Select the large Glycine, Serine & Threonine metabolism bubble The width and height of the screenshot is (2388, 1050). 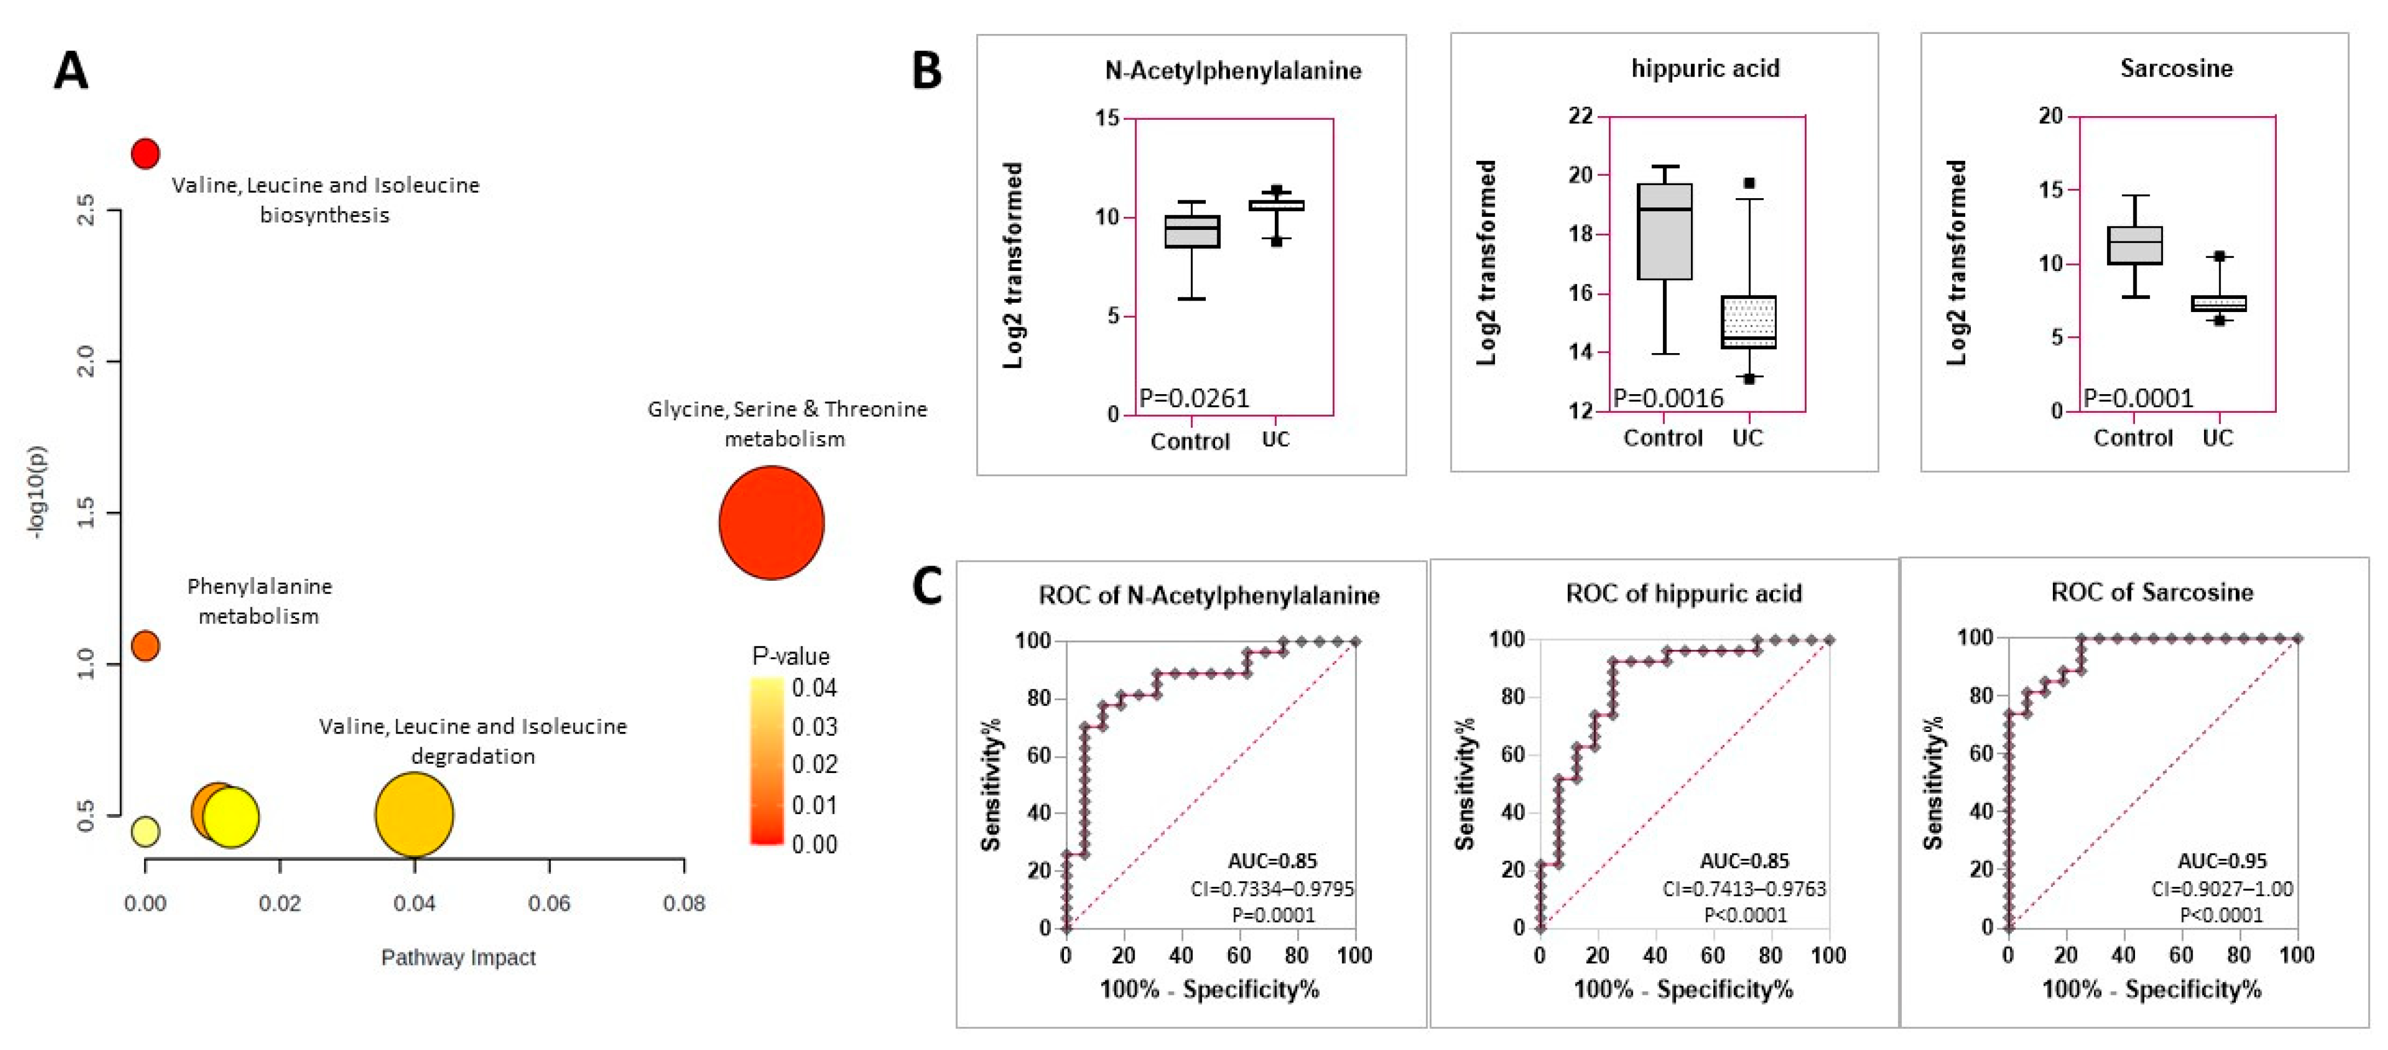click(x=772, y=523)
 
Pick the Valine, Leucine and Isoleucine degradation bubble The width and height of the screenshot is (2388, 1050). click(x=415, y=815)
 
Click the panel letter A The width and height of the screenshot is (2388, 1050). click(x=71, y=71)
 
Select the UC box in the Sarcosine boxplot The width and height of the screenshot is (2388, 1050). click(x=2218, y=303)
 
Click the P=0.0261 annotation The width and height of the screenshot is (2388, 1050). click(x=1194, y=399)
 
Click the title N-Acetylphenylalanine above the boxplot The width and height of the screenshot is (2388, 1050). click(x=1233, y=71)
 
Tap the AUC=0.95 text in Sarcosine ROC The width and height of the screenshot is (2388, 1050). click(x=2221, y=861)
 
